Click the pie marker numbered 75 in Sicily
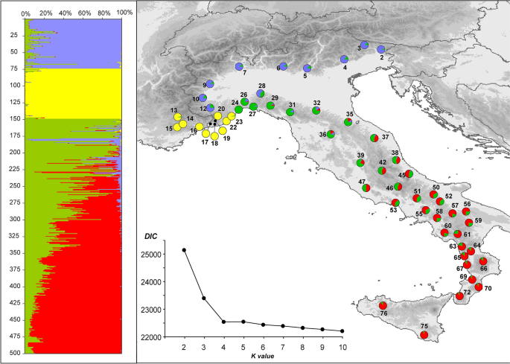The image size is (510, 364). [x=424, y=335]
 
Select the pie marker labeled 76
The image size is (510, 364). [x=383, y=305]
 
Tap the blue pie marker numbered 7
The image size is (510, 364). [x=239, y=67]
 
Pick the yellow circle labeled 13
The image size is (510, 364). [x=177, y=117]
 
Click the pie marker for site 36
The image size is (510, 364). [x=331, y=134]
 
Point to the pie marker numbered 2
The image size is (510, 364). [x=380, y=50]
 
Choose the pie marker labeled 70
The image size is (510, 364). [x=479, y=287]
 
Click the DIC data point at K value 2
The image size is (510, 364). [x=184, y=250]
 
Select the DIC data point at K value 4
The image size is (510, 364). [x=223, y=322]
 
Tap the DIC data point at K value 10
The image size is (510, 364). [x=342, y=331]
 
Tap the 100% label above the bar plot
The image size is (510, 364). [x=124, y=13]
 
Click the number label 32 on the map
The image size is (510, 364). [x=317, y=102]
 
